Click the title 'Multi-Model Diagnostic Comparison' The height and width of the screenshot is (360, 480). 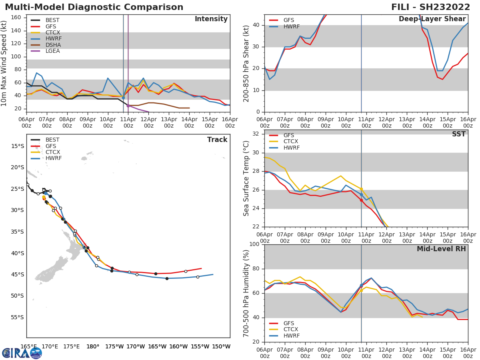[x=94, y=7]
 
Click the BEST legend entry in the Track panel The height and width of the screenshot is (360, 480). [x=52, y=140]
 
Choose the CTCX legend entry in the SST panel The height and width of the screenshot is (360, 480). [x=291, y=142]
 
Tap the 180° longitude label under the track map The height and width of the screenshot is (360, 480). [x=93, y=346]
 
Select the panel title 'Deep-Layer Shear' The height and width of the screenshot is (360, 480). [x=432, y=19]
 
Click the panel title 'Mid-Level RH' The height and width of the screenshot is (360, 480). [x=441, y=249]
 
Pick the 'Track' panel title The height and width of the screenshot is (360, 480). [x=217, y=140]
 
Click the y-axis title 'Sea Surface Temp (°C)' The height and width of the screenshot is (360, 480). [x=247, y=178]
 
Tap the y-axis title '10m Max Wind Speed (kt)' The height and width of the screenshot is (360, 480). [x=4, y=63]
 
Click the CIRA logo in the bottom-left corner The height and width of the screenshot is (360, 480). [x=22, y=353]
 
